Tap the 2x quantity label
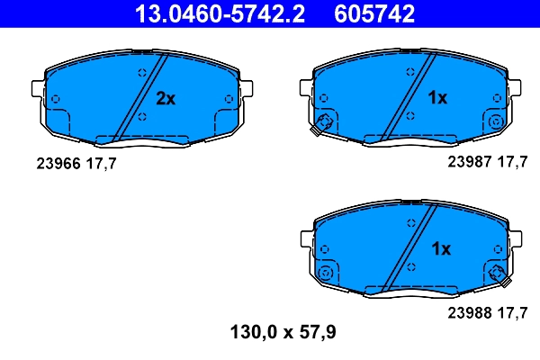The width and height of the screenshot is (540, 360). coord(166,98)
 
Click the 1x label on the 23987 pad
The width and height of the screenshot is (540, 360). coord(436,98)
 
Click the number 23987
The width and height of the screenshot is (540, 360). coord(466,163)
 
